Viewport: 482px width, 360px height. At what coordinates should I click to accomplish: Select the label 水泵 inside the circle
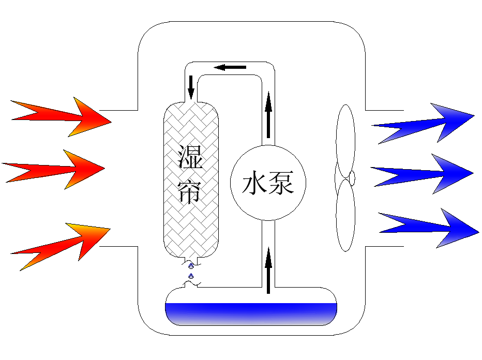pyautogui.click(x=268, y=184)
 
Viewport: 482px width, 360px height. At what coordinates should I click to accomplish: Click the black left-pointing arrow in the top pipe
pyautogui.click(x=230, y=67)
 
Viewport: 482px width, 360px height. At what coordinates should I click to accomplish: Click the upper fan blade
pyautogui.click(x=346, y=137)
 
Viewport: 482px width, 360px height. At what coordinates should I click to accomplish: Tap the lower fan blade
pyautogui.click(x=345, y=217)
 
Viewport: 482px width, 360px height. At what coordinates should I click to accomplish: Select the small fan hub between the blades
pyautogui.click(x=352, y=178)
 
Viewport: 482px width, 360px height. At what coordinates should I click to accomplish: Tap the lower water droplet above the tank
pyautogui.click(x=191, y=276)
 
